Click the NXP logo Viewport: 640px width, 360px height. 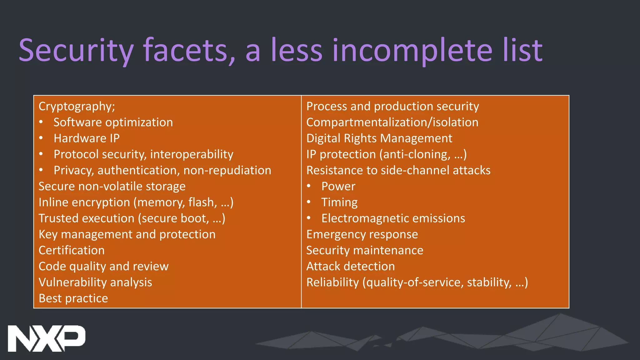(x=46, y=338)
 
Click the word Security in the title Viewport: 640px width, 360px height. (x=76, y=50)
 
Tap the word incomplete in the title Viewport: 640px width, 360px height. (x=412, y=50)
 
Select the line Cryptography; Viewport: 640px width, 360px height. (x=77, y=107)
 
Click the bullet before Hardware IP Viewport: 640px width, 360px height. (x=41, y=138)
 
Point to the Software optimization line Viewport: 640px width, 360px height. (x=113, y=122)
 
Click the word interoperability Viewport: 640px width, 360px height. (x=192, y=154)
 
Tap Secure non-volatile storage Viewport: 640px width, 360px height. (x=112, y=187)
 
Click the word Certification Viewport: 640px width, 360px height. (x=72, y=250)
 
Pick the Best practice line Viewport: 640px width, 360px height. (x=73, y=298)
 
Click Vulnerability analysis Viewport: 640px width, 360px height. (x=95, y=282)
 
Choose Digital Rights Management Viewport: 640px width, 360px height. (x=379, y=138)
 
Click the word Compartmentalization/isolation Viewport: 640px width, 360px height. (x=392, y=122)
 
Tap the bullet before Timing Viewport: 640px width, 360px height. (x=309, y=202)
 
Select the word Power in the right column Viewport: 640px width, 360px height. (x=338, y=187)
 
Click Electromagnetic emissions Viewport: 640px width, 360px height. (x=393, y=218)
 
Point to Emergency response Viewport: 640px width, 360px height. (x=362, y=234)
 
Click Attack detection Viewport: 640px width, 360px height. (x=350, y=266)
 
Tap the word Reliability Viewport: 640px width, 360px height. (x=332, y=282)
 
